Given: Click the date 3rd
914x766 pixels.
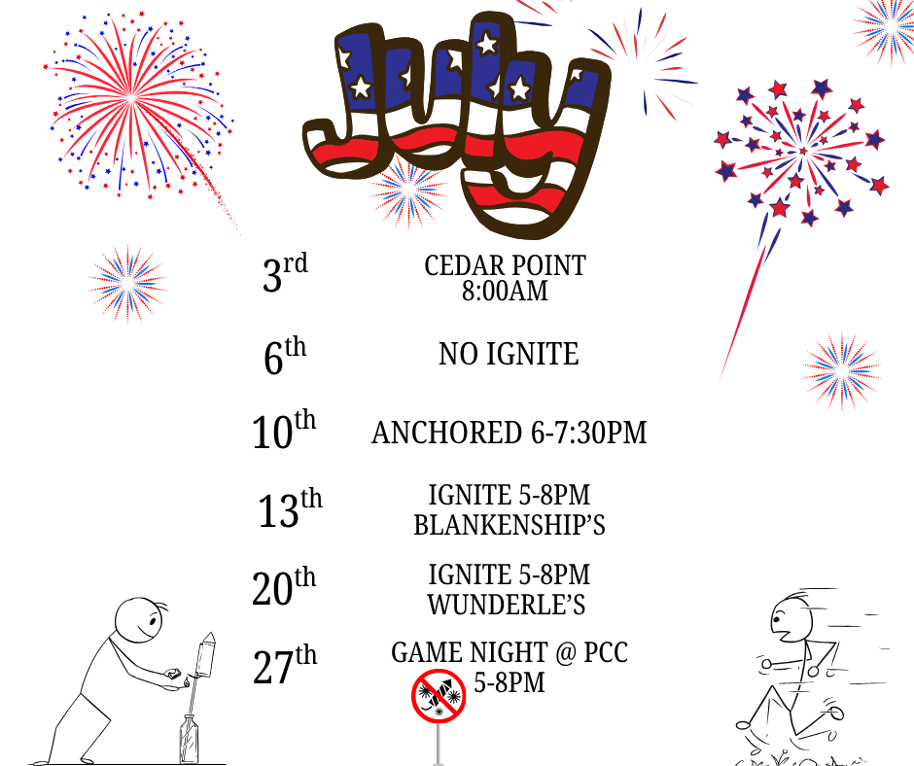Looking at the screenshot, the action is tap(285, 273).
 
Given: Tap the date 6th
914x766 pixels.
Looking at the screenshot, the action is tap(285, 356).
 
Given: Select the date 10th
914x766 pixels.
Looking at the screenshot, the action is tap(284, 431).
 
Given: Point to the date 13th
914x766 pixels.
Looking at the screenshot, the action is tap(290, 509).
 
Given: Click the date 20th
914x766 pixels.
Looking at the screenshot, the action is tap(284, 587).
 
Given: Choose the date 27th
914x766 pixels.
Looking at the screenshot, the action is tap(285, 665).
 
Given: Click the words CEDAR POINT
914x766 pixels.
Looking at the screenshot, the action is tap(505, 265).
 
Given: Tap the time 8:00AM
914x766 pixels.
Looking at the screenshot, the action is tap(505, 291).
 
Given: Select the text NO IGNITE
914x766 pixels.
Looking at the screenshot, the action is tap(509, 354).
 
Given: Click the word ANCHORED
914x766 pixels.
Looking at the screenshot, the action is tap(446, 434).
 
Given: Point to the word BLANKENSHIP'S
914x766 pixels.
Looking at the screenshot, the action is tap(510, 525).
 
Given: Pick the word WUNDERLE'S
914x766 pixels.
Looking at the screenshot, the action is tap(506, 605).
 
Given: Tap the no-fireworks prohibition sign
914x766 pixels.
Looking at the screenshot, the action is tap(439, 697).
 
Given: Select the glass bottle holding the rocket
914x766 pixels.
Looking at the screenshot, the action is tap(189, 739).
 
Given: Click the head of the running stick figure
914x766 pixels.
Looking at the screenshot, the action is tap(791, 619).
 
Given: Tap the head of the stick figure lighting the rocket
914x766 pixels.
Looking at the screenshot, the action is tap(138, 620).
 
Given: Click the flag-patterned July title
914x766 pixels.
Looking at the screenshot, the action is tap(456, 122).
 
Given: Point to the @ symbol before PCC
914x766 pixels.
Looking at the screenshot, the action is tap(566, 653).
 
